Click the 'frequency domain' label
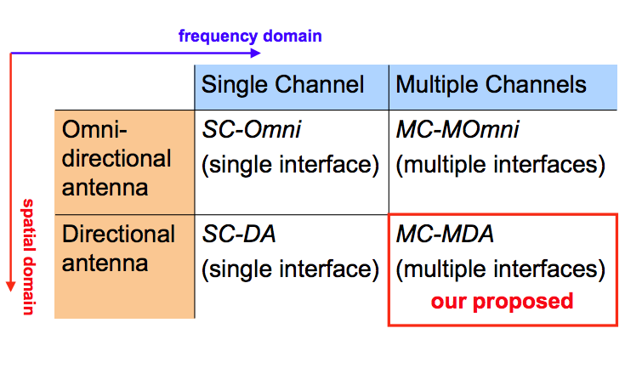pos(250,37)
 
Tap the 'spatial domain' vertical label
pos(29,257)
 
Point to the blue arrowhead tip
pos(260,53)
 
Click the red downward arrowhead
pos(11,286)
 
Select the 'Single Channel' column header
pos(282,85)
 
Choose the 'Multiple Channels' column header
pos(491,85)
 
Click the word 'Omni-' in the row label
pos(94,129)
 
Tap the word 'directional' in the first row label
pos(116,158)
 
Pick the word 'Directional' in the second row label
pos(118,234)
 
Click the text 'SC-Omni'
pos(252,129)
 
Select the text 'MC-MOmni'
pos(457,129)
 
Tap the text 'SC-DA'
pos(239,234)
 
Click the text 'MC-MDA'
pos(445,234)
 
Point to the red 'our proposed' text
pos(503,302)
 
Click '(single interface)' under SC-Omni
pos(290,165)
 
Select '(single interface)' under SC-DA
pos(290,269)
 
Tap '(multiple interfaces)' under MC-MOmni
pos(501,165)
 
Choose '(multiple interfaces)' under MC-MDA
pos(501,269)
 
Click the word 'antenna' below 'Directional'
pos(105,263)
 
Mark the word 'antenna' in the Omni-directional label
pos(105,188)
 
